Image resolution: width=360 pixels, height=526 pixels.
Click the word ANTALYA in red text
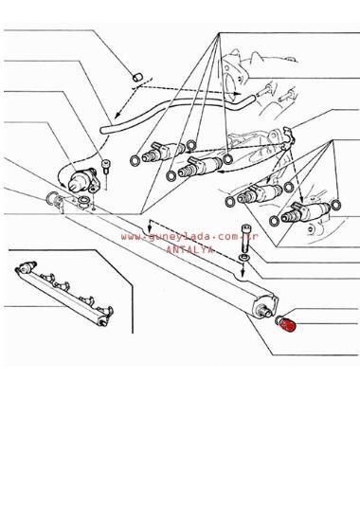pyautogui.click(x=190, y=248)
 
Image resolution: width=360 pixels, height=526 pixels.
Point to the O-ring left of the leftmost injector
pyautogui.click(x=133, y=160)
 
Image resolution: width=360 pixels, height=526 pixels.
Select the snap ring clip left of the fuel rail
pyautogui.click(x=53, y=199)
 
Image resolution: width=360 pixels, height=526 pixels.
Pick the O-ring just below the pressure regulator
pyautogui.click(x=86, y=202)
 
